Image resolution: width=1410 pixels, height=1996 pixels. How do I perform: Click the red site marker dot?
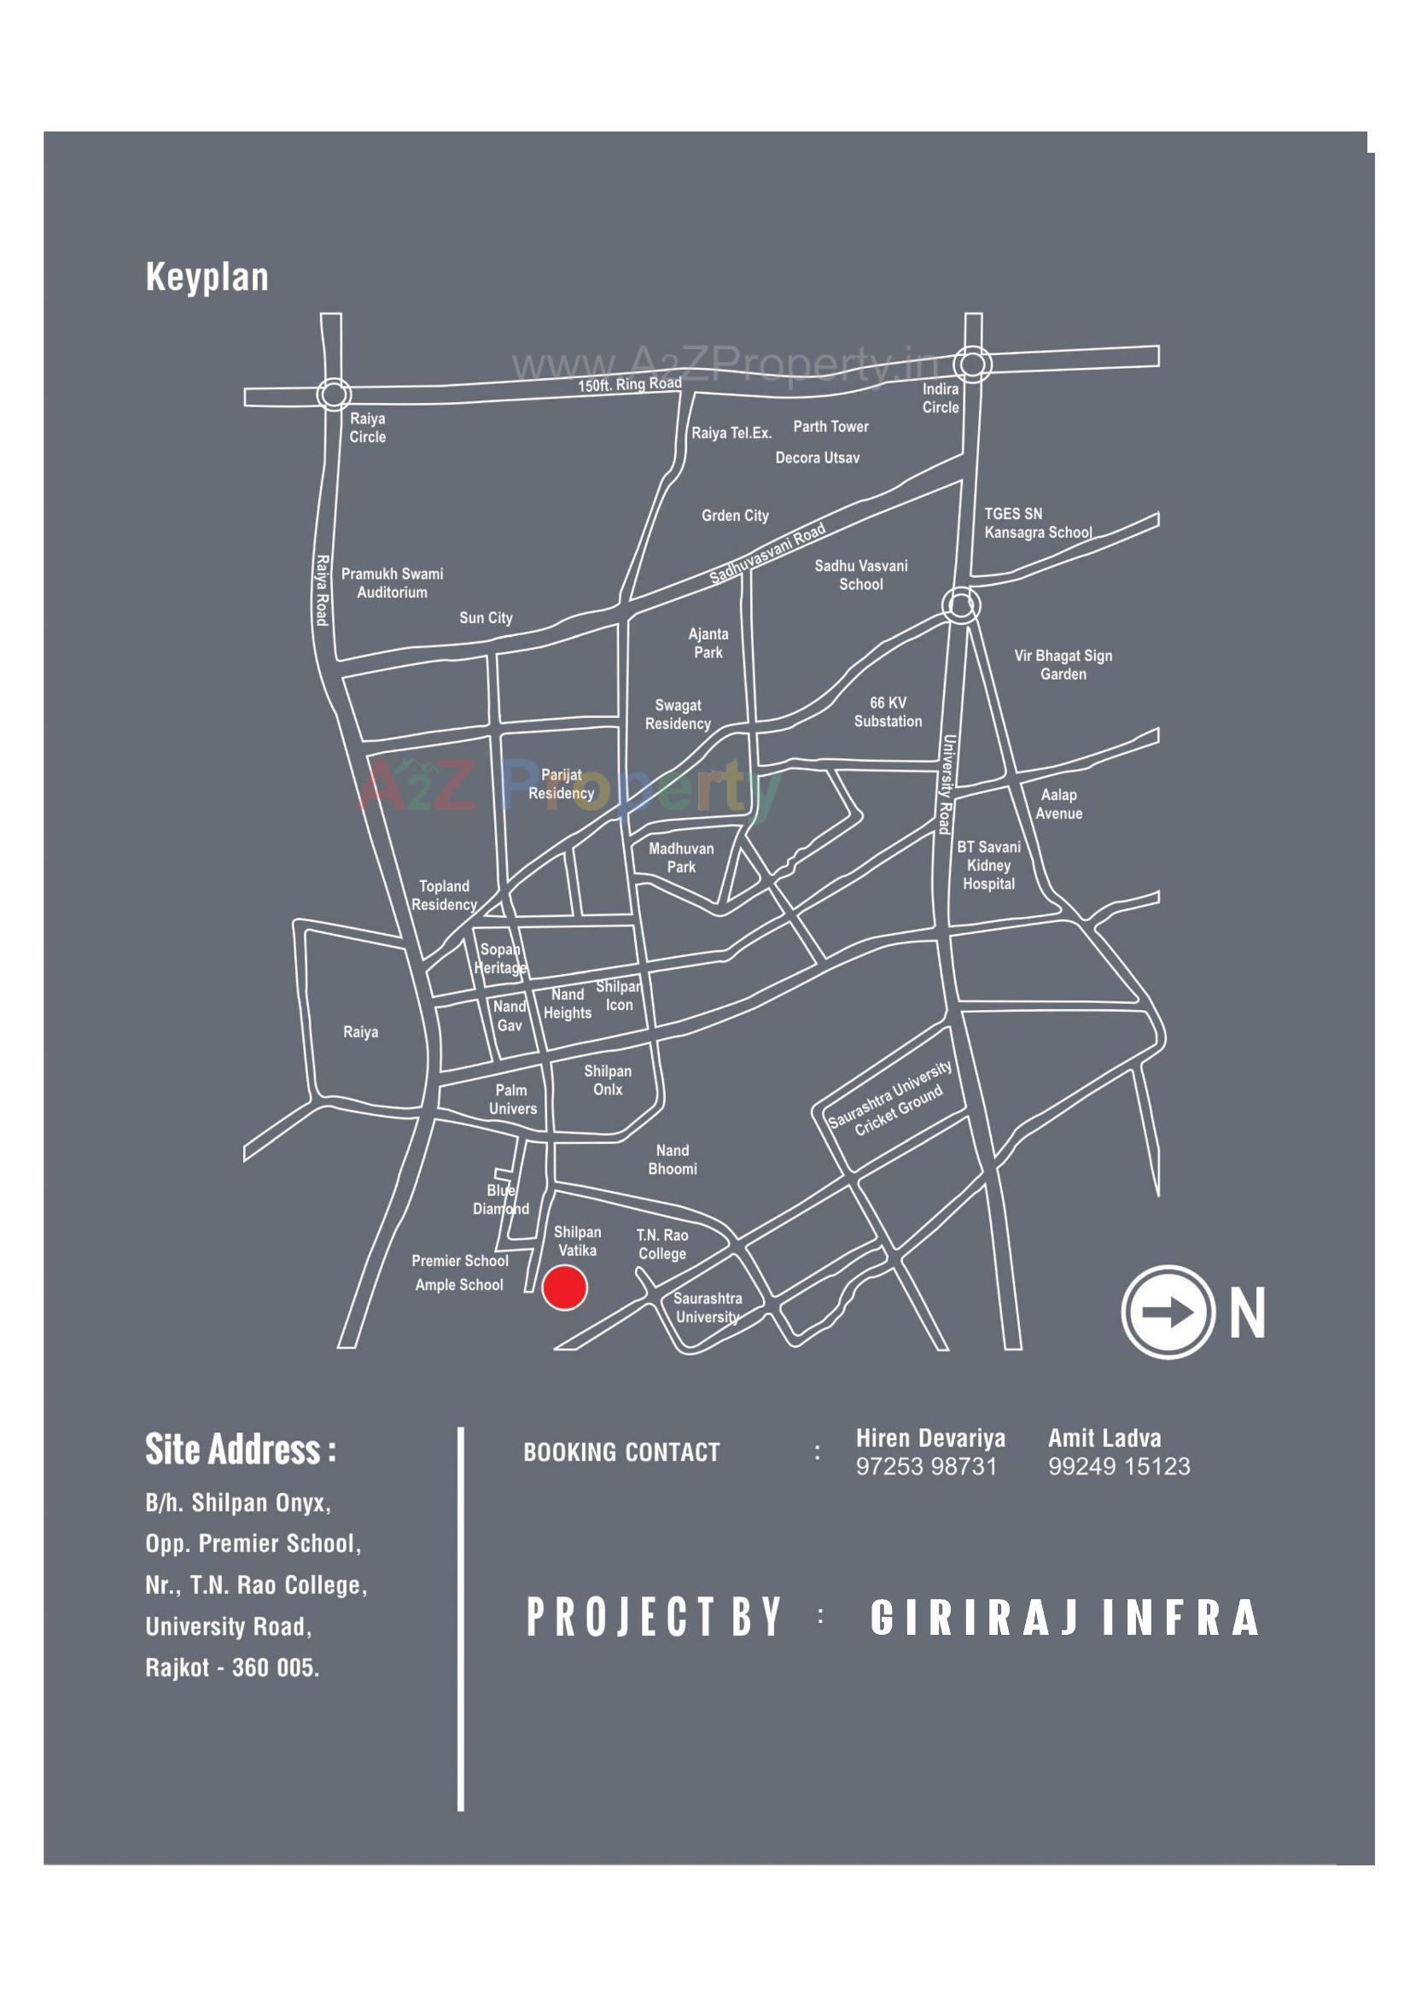pos(564,1287)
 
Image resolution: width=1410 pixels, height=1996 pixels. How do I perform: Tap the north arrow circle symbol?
pos(1168,1312)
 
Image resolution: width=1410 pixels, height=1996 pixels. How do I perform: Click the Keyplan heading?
pos(207,277)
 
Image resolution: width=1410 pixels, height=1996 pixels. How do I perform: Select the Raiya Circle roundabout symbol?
pos(333,394)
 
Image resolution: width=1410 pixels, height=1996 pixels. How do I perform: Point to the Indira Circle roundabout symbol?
pos(972,364)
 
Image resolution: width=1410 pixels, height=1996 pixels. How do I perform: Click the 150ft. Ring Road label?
pos(629,384)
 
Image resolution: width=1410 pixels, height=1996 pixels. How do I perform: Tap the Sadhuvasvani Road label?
pos(766,554)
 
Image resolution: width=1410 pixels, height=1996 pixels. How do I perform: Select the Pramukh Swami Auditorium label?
pos(392,583)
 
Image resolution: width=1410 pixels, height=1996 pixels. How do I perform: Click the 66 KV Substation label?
pos(888,712)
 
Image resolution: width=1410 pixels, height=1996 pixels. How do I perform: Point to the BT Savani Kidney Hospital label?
pos(988,865)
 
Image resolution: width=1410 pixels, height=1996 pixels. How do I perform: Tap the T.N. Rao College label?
pos(662,1244)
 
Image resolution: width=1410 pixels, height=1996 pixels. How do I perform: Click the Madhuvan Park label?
pos(682,857)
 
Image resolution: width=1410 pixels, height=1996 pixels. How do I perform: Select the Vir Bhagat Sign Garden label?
pos(1063,665)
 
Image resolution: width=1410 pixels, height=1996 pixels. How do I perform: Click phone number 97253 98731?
pos(926,1467)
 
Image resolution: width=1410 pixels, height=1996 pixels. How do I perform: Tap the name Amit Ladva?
pos(1104,1438)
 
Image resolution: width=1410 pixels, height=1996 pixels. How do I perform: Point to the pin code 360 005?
pos(276,1668)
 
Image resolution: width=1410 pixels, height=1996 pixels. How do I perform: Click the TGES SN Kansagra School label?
pos(1037,523)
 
